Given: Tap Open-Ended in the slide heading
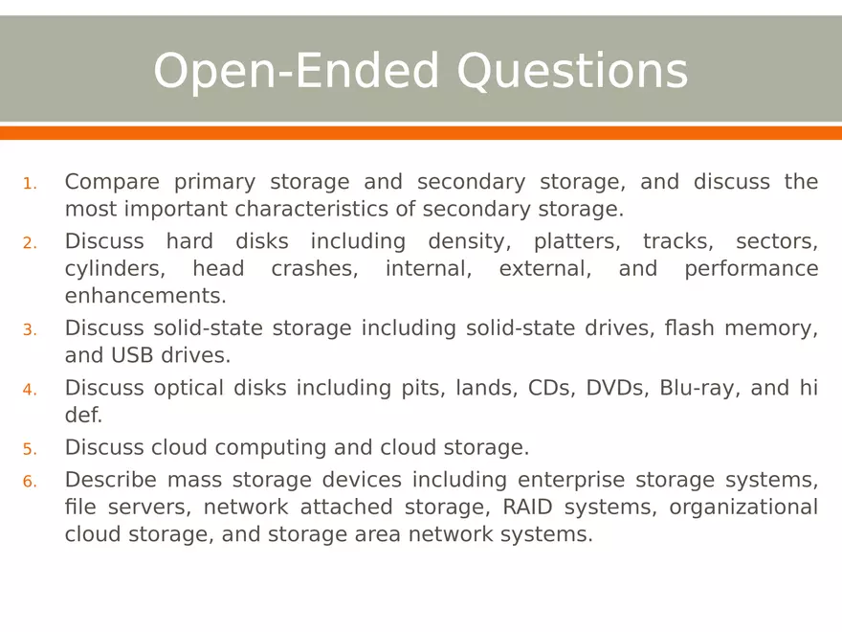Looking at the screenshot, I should [298, 72].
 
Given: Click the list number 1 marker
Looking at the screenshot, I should [30, 184].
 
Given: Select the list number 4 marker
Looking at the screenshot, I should [30, 390].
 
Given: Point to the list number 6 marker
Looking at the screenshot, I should [30, 482].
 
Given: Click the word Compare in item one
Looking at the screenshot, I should [112, 182].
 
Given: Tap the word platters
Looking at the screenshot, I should [577, 241].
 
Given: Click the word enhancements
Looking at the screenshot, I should [145, 296].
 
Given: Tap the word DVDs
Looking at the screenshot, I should [615, 388].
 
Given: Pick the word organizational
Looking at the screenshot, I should [743, 507].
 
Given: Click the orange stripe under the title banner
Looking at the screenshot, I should [421, 133].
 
